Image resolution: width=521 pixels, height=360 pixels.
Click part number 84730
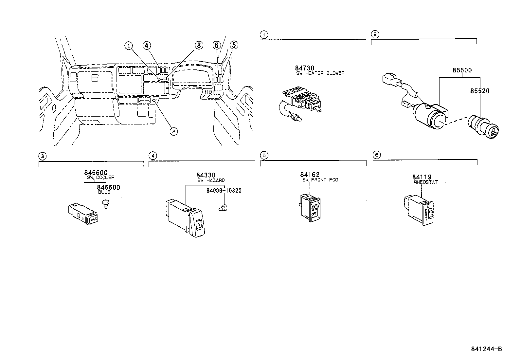[x=304, y=68]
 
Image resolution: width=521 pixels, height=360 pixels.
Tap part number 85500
[x=462, y=70]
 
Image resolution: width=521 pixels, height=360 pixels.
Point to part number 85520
[x=480, y=91]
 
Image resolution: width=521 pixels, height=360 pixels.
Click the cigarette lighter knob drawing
[x=483, y=129]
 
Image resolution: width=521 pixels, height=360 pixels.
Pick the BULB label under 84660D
[x=104, y=192]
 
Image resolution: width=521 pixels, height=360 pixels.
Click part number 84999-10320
[x=224, y=191]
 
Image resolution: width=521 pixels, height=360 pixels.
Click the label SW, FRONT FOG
[x=320, y=180]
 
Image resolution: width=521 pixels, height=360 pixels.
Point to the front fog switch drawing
[x=310, y=207]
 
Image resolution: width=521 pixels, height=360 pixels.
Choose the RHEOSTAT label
[x=425, y=182]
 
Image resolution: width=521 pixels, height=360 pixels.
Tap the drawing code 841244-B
[x=486, y=349]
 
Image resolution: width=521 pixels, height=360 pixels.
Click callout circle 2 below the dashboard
[x=174, y=132]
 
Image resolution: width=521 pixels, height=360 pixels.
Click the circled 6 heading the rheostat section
[x=377, y=155]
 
